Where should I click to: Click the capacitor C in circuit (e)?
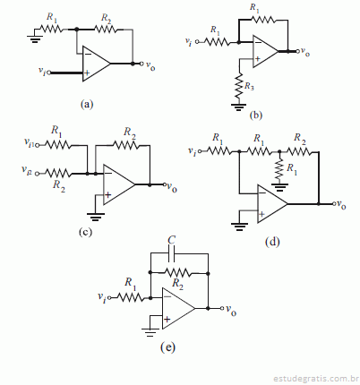click(x=172, y=253)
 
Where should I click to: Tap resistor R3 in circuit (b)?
click(x=238, y=86)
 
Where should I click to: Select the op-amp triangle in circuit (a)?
click(x=96, y=64)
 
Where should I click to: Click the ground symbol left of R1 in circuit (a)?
click(x=35, y=39)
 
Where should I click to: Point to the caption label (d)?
click(x=272, y=242)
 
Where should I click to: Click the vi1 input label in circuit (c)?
click(x=30, y=142)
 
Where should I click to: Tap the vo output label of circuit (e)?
click(x=231, y=310)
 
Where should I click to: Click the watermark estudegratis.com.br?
click(x=316, y=379)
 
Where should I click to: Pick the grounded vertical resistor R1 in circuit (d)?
click(x=279, y=169)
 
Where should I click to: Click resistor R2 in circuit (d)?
click(x=299, y=152)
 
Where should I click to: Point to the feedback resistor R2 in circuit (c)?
click(x=125, y=145)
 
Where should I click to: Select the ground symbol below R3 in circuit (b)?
click(x=238, y=107)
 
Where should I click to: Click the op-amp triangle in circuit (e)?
click(x=178, y=309)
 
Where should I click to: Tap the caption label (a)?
click(x=87, y=105)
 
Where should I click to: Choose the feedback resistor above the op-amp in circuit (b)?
click(x=262, y=20)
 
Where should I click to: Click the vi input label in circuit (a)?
click(x=42, y=71)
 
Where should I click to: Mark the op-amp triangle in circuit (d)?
click(x=272, y=204)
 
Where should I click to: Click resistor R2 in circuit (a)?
click(x=105, y=30)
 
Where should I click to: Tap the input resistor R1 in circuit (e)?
click(x=130, y=297)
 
